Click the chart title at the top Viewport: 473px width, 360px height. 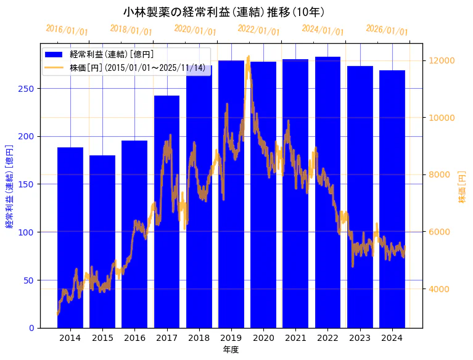click(x=224, y=12)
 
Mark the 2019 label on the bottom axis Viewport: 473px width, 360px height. click(x=231, y=338)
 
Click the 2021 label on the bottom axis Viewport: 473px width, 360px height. click(x=295, y=338)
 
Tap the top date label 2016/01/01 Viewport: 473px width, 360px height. click(x=67, y=30)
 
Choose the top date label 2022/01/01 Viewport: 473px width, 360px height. click(x=259, y=30)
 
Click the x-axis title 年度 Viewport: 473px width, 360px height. click(x=231, y=350)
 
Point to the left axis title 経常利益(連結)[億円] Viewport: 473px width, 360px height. click(x=9, y=186)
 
